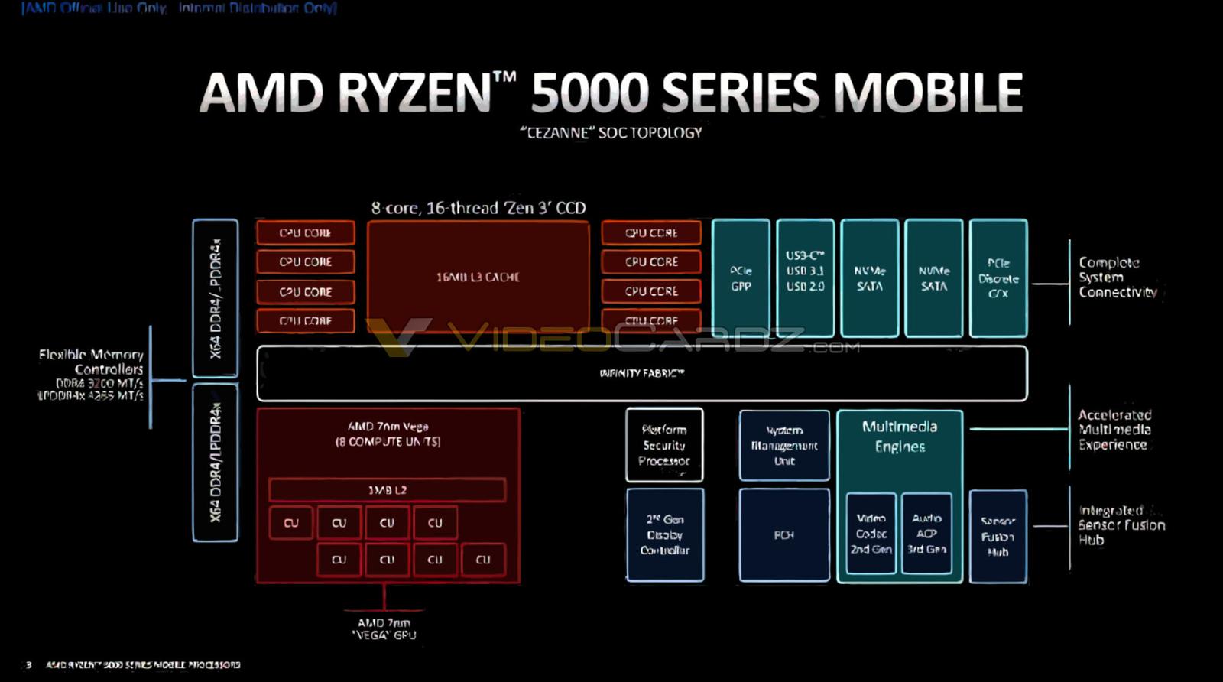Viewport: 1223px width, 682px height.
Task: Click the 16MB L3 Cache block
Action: click(x=478, y=277)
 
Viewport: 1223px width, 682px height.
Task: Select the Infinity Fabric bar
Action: click(x=641, y=373)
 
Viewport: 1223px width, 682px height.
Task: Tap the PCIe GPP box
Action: click(x=741, y=278)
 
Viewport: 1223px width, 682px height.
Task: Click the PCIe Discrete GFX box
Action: click(x=998, y=278)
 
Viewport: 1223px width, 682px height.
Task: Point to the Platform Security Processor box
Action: click(x=664, y=445)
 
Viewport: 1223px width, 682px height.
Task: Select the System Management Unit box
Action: click(x=784, y=446)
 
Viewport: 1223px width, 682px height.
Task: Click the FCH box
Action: click(x=784, y=535)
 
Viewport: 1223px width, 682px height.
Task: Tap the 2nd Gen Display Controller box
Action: click(x=664, y=535)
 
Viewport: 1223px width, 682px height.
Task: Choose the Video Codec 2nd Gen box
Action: click(x=871, y=534)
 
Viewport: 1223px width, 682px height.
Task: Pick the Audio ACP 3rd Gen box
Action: click(x=926, y=534)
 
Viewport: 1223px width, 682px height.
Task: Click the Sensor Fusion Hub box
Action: click(x=998, y=536)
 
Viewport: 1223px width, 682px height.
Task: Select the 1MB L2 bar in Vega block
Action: click(x=387, y=490)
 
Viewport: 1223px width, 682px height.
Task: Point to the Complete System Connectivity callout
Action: click(x=1117, y=278)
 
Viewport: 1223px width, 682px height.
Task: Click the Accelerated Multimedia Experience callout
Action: click(x=1114, y=430)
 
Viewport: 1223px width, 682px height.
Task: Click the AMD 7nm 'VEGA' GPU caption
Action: click(x=384, y=628)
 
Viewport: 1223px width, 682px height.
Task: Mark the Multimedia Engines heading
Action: click(x=900, y=436)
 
